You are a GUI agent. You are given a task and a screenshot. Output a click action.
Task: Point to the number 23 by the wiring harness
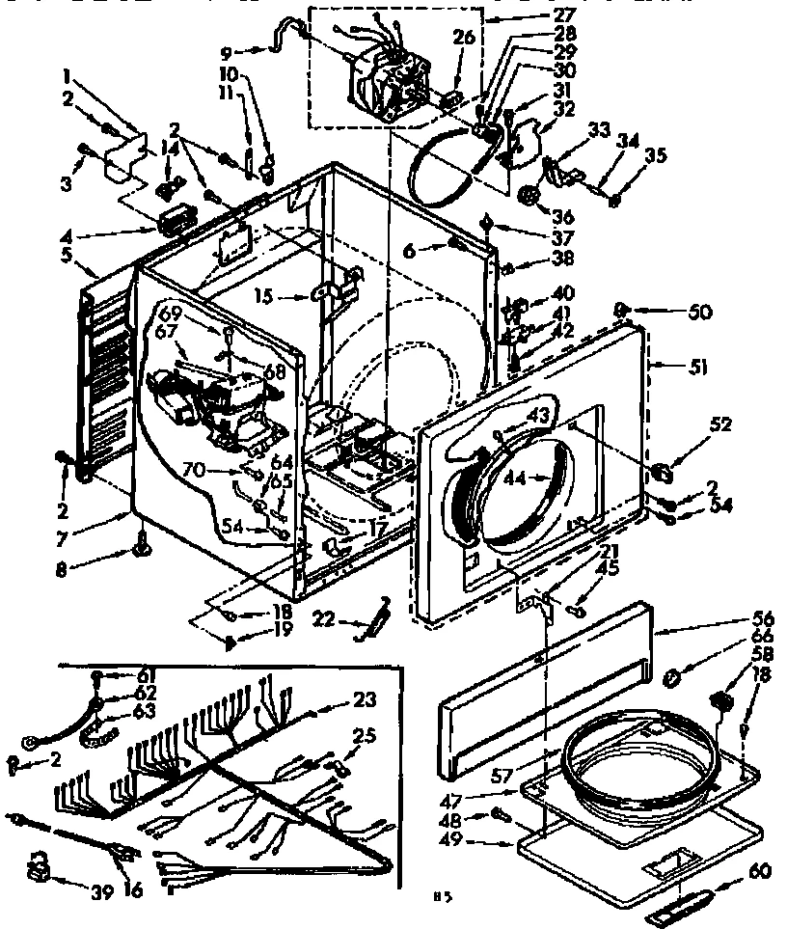pos(365,701)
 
